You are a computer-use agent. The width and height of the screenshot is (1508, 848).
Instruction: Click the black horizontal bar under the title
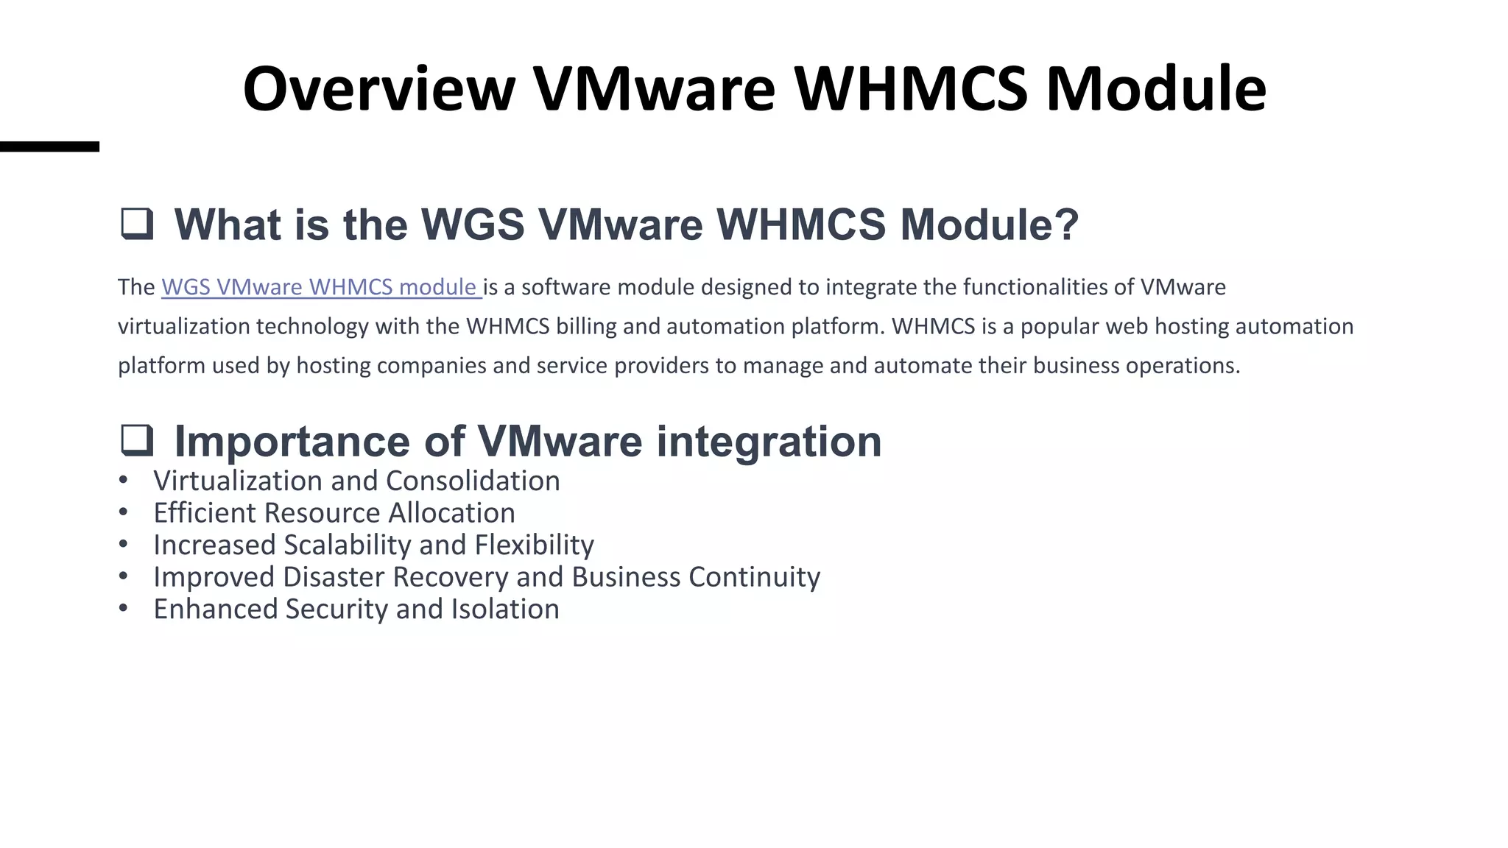[49, 146]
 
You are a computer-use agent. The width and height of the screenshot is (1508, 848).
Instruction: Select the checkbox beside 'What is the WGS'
[137, 224]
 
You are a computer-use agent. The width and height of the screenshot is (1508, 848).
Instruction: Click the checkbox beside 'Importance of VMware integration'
[137, 440]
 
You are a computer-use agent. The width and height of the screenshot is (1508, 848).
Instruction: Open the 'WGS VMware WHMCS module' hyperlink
[321, 287]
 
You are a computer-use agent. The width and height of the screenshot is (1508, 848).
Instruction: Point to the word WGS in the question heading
[472, 225]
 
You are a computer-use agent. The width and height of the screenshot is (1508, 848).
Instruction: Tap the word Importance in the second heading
[291, 442]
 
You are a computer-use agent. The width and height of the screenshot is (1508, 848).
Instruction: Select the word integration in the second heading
[769, 442]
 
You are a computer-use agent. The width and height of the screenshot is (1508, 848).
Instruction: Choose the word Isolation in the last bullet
[505, 609]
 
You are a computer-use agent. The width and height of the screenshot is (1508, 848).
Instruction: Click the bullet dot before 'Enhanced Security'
[123, 608]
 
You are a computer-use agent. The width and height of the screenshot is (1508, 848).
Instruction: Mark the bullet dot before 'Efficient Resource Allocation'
[123, 512]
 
